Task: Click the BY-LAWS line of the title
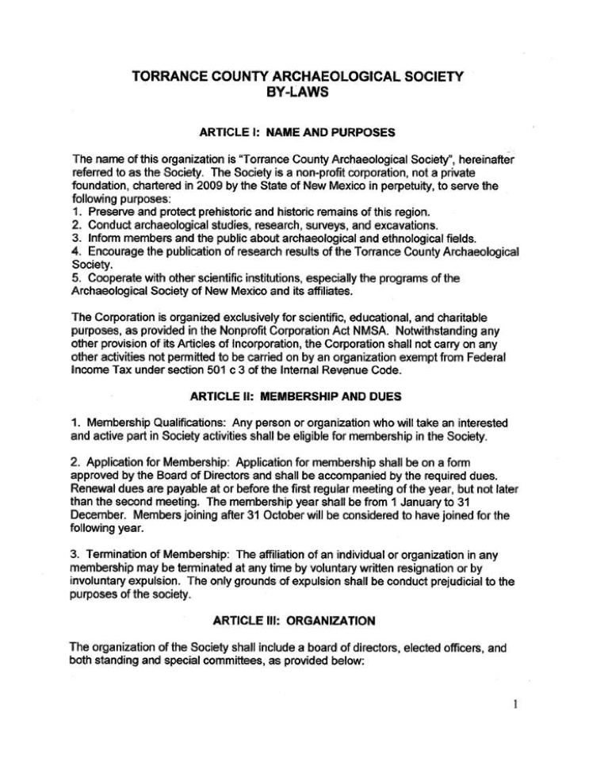coord(297,92)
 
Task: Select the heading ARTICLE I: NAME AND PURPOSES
coord(297,132)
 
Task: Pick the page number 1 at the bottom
coord(515,704)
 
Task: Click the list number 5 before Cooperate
coord(75,278)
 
